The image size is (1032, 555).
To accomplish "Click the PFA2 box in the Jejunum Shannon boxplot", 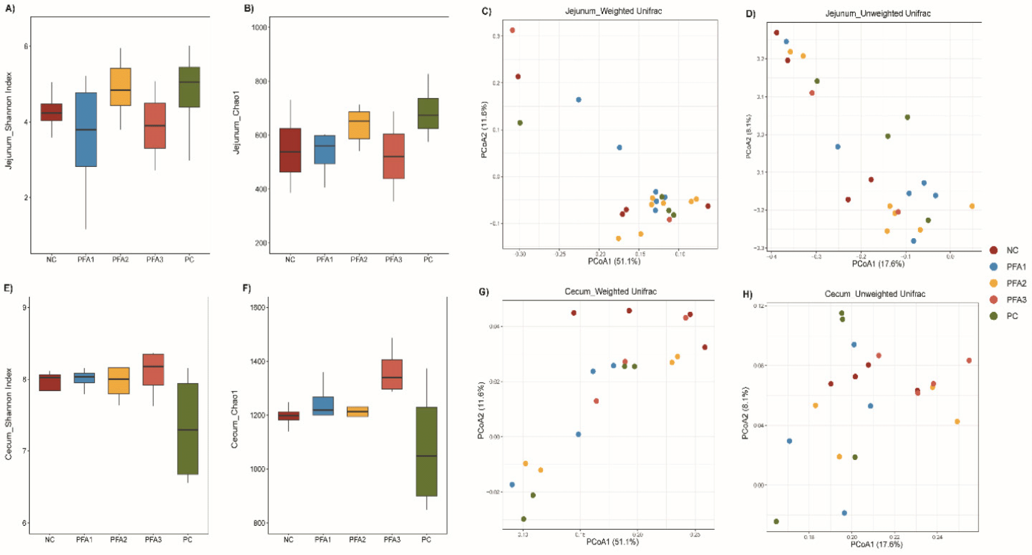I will (120, 87).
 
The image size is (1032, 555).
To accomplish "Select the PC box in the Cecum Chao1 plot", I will (426, 451).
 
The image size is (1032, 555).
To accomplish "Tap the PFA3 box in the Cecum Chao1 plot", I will (392, 374).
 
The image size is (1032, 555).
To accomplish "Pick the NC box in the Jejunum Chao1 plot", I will (290, 150).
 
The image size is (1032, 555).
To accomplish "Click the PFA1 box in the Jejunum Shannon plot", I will (86, 130).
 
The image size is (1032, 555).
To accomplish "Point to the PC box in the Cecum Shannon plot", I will (188, 428).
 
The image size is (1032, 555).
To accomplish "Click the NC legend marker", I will (993, 250).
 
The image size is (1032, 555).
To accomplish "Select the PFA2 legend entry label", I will (1016, 283).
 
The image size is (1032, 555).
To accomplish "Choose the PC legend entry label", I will (1012, 316).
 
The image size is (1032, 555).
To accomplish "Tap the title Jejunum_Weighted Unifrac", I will (613, 11).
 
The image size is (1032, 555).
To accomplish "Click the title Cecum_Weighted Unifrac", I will (610, 292).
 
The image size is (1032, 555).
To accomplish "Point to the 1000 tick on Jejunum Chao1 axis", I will (259, 28).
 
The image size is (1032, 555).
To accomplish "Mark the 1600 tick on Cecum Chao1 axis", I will (258, 308).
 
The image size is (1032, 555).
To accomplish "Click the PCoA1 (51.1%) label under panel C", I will (614, 261).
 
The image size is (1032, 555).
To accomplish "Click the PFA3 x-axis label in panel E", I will (153, 539).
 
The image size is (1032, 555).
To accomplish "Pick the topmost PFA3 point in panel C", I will (512, 31).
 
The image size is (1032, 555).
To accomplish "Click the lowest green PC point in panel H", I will (776, 522).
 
